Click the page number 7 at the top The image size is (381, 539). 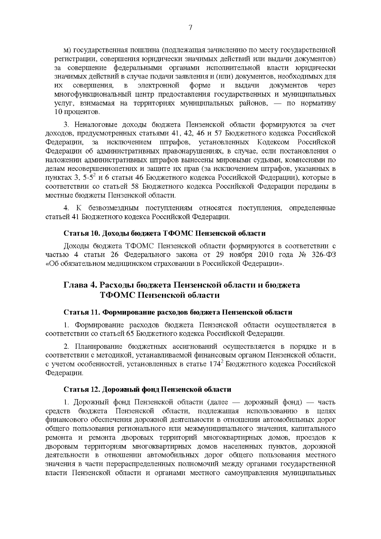190,28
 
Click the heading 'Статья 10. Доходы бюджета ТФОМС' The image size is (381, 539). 164,233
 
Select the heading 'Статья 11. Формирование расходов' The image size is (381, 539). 178,312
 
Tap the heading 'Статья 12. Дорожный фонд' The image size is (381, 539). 147,389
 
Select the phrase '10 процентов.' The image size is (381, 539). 77,112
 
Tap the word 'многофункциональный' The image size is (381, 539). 87,94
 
